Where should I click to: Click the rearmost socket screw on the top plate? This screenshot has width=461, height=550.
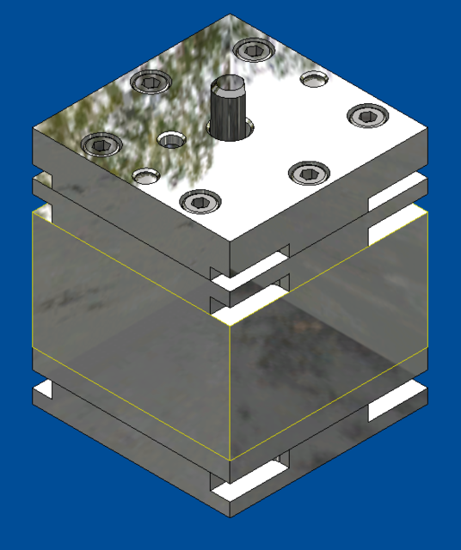tap(254, 50)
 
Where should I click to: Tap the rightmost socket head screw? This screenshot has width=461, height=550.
tap(365, 115)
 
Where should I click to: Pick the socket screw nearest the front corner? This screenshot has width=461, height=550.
tap(200, 201)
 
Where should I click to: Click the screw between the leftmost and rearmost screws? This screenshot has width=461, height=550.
tap(151, 82)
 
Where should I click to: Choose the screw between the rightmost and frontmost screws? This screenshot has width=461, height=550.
tap(306, 174)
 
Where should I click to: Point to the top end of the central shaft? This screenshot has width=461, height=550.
tap(229, 86)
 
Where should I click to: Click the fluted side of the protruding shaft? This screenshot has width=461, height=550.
tap(228, 116)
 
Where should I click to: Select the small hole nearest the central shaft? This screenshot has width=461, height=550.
tap(172, 139)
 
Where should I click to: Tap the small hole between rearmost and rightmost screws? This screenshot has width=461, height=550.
tap(315, 79)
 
